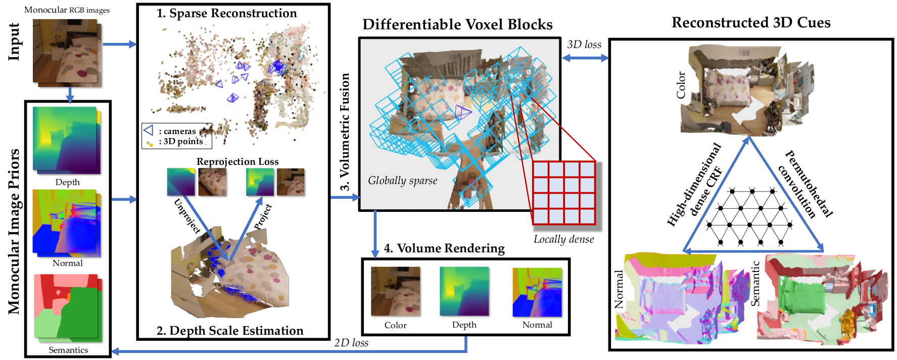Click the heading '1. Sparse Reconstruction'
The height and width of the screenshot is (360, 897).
coord(226,14)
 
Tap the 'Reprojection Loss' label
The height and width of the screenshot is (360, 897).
coord(238,162)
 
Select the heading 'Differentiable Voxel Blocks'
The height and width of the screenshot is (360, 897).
coord(457,25)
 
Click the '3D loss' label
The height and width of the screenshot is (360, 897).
coord(584,44)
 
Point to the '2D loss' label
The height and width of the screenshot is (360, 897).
coord(351,343)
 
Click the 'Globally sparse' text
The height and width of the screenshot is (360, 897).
coord(402,181)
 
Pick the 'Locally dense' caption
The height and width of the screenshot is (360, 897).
coord(564,239)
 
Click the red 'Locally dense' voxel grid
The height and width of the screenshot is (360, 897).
coord(564,193)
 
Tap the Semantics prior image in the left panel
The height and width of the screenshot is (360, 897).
coord(68,307)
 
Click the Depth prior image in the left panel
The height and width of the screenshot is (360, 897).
coord(67,140)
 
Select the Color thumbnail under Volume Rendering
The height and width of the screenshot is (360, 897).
coord(395,292)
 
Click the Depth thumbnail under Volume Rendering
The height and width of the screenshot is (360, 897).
coord(464,292)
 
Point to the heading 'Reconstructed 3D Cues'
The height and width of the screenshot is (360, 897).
coord(751,23)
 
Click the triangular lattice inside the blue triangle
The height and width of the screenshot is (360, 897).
coord(749,217)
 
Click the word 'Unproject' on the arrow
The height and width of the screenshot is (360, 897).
coord(187,216)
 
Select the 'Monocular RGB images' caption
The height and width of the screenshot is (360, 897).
coord(67,10)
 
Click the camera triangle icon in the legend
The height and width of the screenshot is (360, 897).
coord(148,130)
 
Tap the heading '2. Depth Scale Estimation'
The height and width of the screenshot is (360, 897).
coord(230,331)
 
